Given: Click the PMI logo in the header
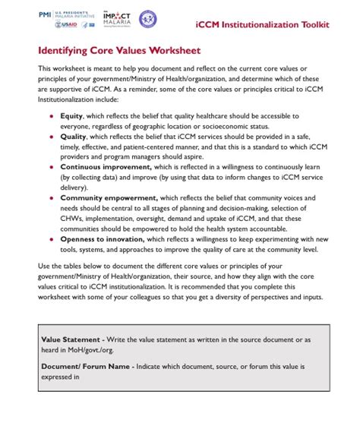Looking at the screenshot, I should [x=45, y=14].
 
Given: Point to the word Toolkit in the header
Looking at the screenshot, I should [x=313, y=25].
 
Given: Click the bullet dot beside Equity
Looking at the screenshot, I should [x=51, y=117].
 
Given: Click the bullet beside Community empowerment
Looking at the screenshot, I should [x=51, y=197].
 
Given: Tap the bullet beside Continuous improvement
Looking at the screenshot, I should [x=51, y=166].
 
